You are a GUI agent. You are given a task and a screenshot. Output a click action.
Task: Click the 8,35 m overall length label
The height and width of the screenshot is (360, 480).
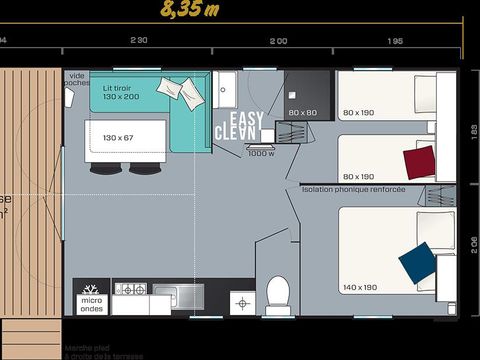[191, 11]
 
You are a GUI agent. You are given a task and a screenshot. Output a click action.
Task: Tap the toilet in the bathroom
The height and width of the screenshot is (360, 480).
[278, 293]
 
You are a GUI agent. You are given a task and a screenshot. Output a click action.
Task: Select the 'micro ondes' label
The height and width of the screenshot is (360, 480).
[91, 303]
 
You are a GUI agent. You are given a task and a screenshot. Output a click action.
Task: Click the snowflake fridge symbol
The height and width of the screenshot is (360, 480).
[91, 287]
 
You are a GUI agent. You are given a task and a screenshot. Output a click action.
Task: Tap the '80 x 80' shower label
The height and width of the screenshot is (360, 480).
[302, 113]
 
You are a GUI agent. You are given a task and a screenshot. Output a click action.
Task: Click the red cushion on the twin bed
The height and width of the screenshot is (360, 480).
[419, 161]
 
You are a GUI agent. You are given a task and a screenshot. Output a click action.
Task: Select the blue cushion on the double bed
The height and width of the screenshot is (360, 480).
[416, 263]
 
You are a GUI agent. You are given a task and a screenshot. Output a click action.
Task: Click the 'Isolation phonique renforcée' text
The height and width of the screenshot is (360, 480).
[352, 188]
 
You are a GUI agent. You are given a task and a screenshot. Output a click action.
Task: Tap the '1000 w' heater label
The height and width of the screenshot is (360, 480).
[260, 153]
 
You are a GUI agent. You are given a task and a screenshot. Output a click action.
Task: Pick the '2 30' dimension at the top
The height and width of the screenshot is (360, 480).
[138, 40]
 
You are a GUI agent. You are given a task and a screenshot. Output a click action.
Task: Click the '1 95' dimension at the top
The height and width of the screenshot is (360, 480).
[394, 41]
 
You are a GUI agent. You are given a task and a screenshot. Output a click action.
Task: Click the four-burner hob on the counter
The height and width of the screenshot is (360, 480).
[130, 289]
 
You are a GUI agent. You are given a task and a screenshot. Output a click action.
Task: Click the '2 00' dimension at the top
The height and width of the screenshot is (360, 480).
[278, 41]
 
